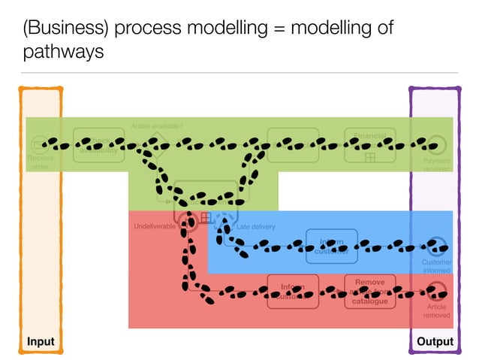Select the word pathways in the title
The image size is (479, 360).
point(63,53)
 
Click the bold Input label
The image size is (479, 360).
point(41,341)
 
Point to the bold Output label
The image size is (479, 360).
point(435,341)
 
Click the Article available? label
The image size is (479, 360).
point(157,126)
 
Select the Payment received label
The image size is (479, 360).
point(436,165)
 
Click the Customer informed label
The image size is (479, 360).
point(436,266)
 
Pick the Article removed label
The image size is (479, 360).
point(436,310)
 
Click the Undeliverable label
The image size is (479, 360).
point(155,226)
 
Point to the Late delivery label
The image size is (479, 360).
point(256,226)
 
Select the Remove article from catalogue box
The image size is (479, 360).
point(369,291)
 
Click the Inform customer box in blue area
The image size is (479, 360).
point(332,246)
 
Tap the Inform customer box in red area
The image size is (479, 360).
point(293,291)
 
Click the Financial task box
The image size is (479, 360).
point(369,145)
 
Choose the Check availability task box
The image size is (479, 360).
point(98,145)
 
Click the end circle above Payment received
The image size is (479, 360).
point(436,145)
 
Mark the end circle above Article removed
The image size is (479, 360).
point(436,291)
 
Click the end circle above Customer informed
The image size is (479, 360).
point(436,246)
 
